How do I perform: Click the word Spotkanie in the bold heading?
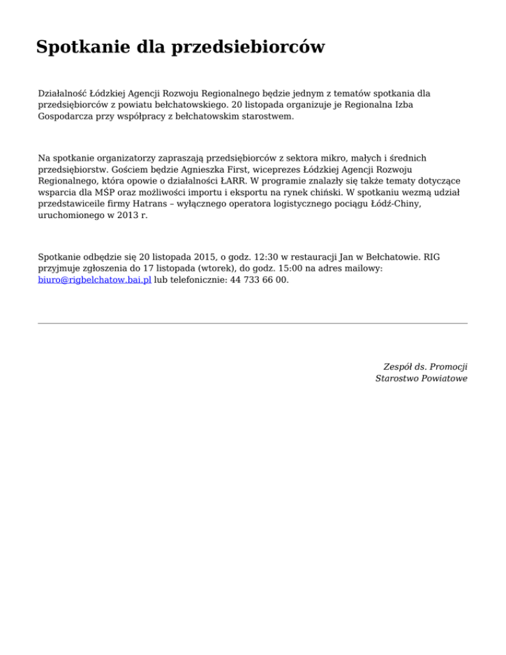(x=79, y=47)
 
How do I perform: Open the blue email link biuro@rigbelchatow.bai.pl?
(x=95, y=279)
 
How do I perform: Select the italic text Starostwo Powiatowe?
(x=421, y=378)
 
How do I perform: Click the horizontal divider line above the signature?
(x=253, y=323)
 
